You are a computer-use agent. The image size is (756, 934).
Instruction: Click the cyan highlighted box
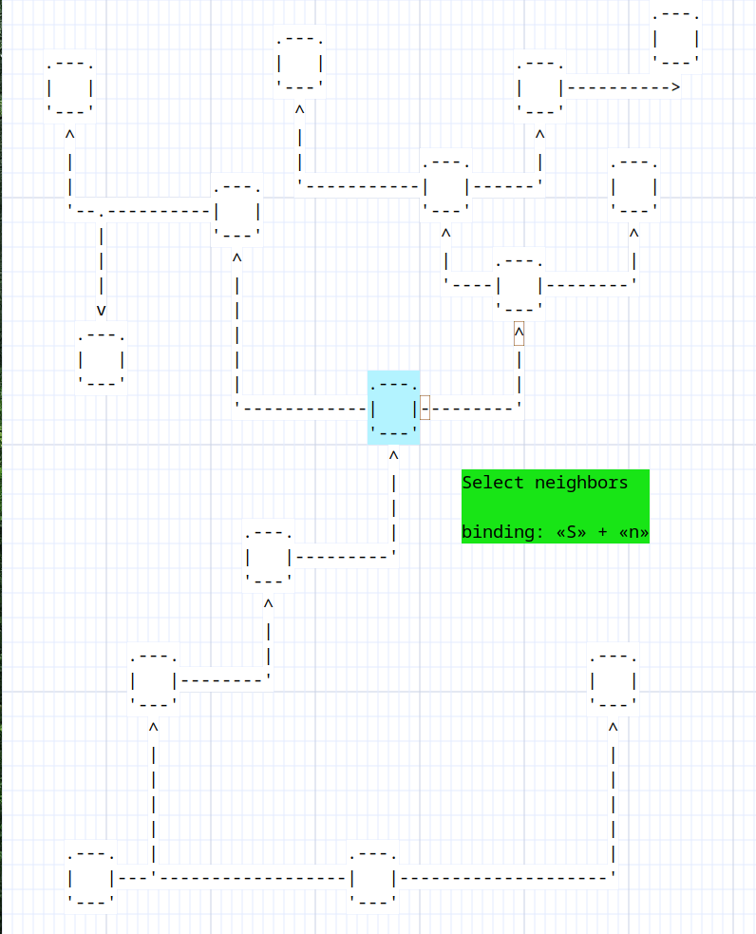pos(393,408)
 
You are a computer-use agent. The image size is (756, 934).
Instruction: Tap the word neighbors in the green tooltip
pos(581,483)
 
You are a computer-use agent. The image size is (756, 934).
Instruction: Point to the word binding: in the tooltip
pos(503,531)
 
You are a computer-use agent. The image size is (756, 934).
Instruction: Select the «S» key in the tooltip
pos(571,532)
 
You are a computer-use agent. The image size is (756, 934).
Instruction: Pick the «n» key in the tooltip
pos(634,532)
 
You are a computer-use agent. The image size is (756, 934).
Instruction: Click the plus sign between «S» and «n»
pos(602,532)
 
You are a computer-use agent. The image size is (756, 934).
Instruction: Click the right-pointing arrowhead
pos(675,87)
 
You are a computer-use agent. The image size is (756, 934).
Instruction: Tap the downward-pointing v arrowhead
pos(102,311)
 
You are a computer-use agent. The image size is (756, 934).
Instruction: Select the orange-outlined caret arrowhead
pos(520,334)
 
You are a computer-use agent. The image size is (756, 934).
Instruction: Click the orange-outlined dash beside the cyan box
pos(425,408)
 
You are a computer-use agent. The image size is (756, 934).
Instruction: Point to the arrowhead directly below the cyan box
pos(393,456)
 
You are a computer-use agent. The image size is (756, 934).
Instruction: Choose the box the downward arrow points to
pos(102,359)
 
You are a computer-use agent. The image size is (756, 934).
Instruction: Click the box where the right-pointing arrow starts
pos(539,87)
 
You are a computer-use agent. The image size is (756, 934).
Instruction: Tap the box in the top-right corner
pos(675,38)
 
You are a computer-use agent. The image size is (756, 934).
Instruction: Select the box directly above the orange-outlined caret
pos(520,285)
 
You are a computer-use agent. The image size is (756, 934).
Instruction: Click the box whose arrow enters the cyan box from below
pos(269,557)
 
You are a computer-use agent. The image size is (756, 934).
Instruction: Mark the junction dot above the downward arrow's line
pos(102,213)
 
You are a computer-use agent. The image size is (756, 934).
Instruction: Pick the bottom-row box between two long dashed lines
pos(372,878)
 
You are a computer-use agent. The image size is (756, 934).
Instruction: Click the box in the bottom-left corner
pos(90,878)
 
